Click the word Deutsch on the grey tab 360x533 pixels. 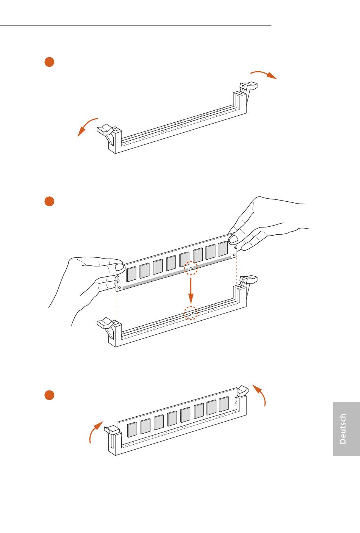[343, 429]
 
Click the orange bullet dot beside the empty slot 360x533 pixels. [50, 62]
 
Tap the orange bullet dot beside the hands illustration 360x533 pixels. [50, 201]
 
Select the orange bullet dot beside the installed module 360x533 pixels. [50, 395]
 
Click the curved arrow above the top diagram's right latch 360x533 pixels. [263, 72]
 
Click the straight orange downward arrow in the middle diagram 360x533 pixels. [191, 291]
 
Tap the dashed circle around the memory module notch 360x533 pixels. [191, 268]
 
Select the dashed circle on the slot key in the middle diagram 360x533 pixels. [191, 313]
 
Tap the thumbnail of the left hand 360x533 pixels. [119, 267]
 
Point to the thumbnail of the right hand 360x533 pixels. [233, 239]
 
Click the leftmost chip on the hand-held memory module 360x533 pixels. [131, 274]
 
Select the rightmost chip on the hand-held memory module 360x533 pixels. [223, 249]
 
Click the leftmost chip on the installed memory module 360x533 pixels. [132, 430]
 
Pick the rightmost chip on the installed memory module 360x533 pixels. [224, 404]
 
